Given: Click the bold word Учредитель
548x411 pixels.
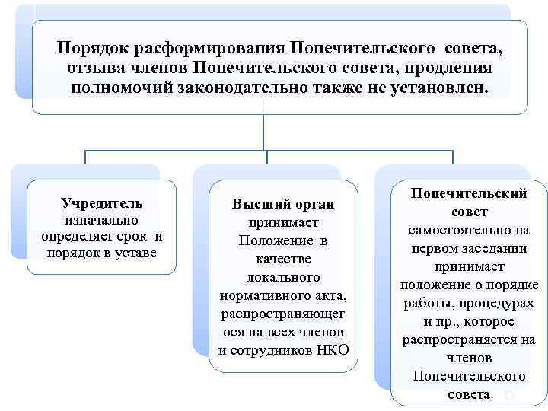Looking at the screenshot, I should pyautogui.click(x=102, y=204).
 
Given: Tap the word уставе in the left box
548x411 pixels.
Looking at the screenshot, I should pyautogui.click(x=134, y=251).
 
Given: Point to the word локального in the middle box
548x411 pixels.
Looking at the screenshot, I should pyautogui.click(x=283, y=278).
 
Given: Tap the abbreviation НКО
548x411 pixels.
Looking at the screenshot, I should pyautogui.click(x=330, y=350).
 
